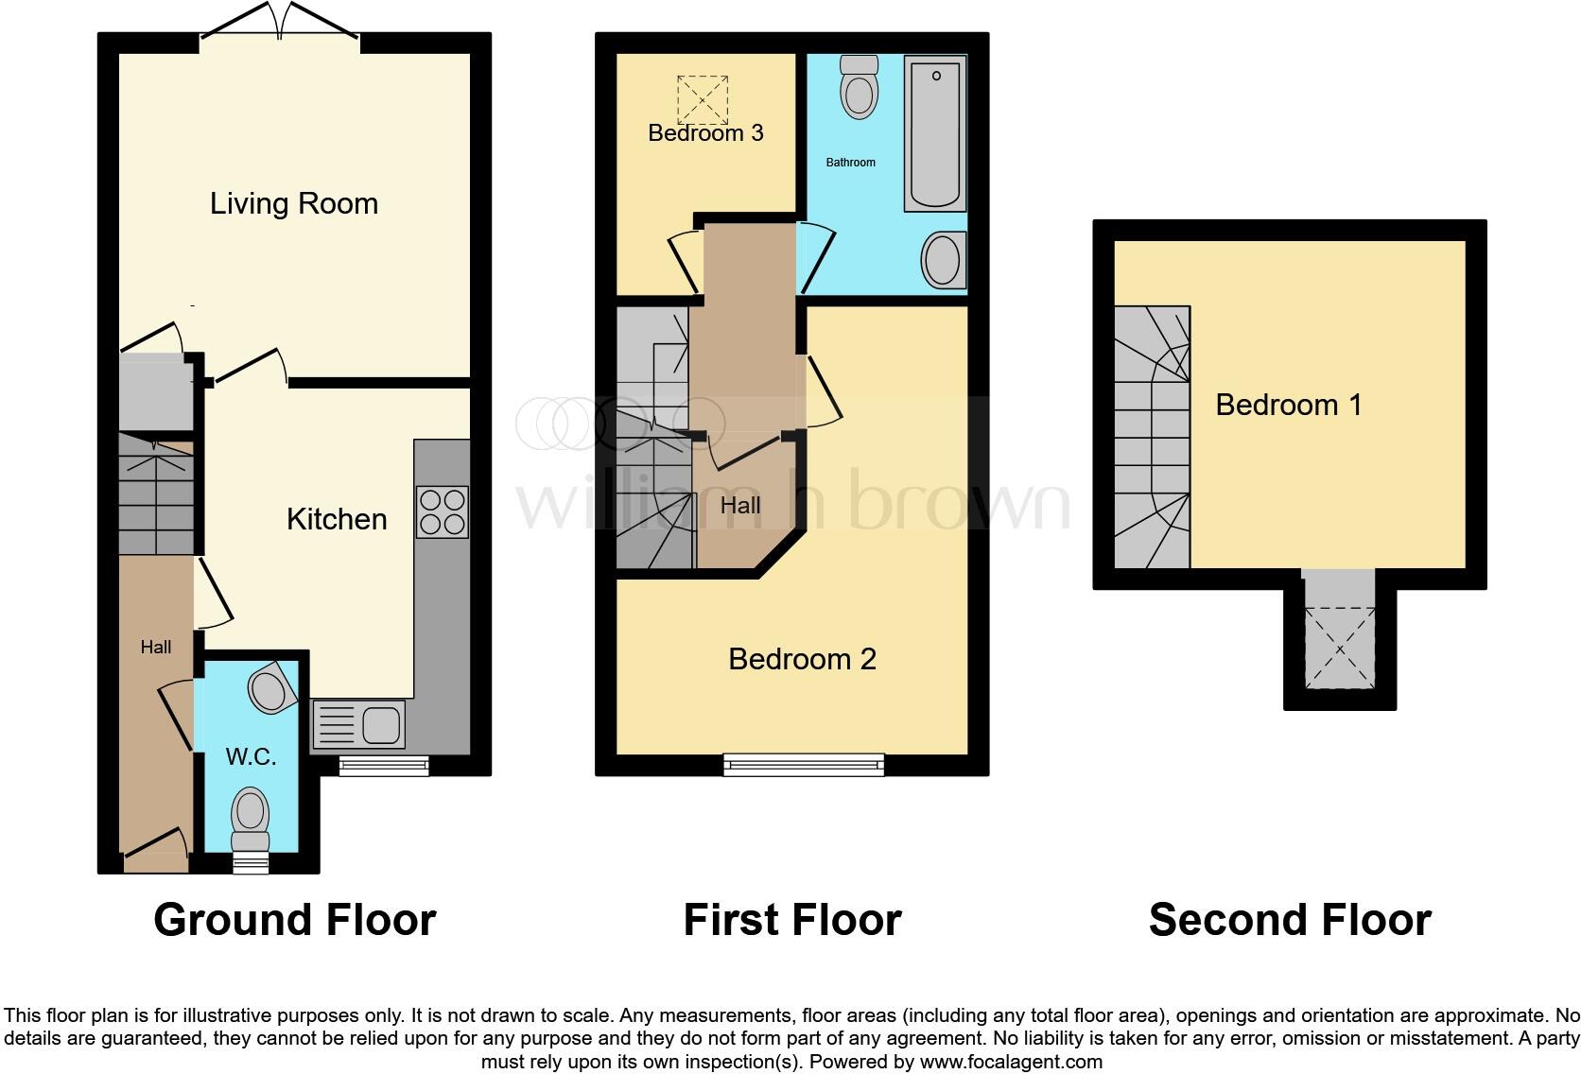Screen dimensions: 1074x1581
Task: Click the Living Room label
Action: [x=293, y=203]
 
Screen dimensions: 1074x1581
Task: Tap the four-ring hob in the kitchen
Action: [x=442, y=511]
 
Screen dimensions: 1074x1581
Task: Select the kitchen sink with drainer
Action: [x=358, y=725]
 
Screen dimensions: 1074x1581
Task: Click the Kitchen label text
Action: [x=337, y=519]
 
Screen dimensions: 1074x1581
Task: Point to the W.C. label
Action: [x=251, y=756]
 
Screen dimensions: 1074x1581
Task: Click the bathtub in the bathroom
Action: [x=934, y=133]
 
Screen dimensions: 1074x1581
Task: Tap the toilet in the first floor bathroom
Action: [x=859, y=86]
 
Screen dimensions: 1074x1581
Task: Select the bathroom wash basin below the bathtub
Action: [x=942, y=260]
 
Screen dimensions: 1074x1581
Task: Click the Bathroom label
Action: [x=850, y=163]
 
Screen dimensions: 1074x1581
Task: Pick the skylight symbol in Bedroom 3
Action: [x=704, y=98]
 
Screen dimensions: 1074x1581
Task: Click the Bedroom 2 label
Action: [x=802, y=659]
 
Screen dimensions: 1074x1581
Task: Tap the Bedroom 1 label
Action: [x=1288, y=405]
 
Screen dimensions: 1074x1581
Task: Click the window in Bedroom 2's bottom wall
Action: [x=804, y=764]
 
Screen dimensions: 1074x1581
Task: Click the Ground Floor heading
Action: [x=294, y=920]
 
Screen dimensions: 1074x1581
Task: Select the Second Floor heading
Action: [x=1289, y=920]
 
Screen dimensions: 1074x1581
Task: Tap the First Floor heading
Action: [x=791, y=920]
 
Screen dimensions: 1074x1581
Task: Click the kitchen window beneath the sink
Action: [x=384, y=766]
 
